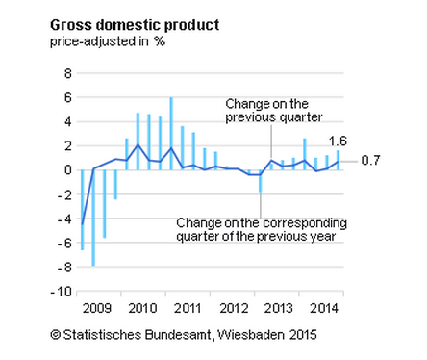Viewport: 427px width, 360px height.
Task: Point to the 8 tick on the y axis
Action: [x=68, y=73]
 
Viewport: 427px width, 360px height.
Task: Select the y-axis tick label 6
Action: [x=68, y=97]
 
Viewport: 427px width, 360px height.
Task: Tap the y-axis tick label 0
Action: [x=68, y=170]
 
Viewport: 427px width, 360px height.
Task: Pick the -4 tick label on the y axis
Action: [x=65, y=219]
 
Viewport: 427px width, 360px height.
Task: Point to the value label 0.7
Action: [x=371, y=161]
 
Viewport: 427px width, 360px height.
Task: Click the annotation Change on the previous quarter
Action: [x=268, y=110]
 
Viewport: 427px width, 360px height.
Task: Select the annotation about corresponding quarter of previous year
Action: [x=262, y=229]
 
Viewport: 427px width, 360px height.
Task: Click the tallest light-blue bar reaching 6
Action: [x=171, y=134]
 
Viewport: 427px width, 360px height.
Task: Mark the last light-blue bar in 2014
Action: [x=338, y=160]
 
